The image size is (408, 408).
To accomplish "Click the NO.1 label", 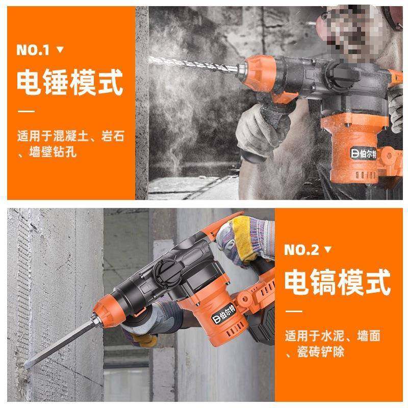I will coord(33,50).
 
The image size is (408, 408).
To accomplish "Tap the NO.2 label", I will coord(301,249).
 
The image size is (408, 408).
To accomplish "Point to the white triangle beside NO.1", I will coord(60,50).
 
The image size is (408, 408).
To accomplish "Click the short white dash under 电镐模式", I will coord(293,311).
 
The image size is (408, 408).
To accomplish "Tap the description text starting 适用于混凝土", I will coord(70,144).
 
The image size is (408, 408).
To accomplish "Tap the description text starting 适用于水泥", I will coord(334,343).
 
